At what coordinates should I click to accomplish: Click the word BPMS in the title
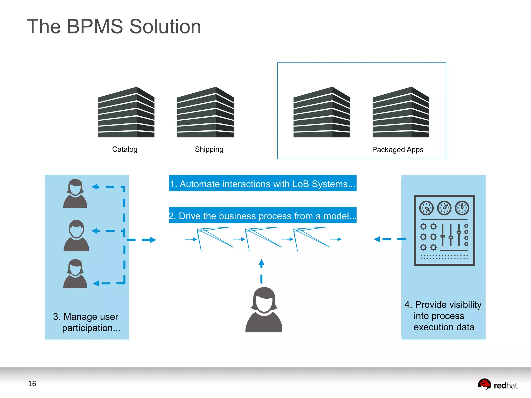pos(95,27)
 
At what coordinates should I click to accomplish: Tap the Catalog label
pos(125,149)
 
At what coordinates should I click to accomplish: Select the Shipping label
pos(209,149)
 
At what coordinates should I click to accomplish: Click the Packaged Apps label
pos(397,150)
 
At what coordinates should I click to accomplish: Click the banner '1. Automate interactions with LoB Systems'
pos(262,184)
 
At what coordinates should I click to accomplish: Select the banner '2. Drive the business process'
pos(262,215)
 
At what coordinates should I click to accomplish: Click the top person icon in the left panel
pos(75,193)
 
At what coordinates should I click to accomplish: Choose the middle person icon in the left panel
pos(76,236)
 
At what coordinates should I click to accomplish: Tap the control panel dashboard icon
pos(444,230)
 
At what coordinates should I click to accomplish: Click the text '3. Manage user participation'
pos(87,322)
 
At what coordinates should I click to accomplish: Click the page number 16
pos(32,383)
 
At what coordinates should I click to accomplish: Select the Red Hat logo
pos(498,384)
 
